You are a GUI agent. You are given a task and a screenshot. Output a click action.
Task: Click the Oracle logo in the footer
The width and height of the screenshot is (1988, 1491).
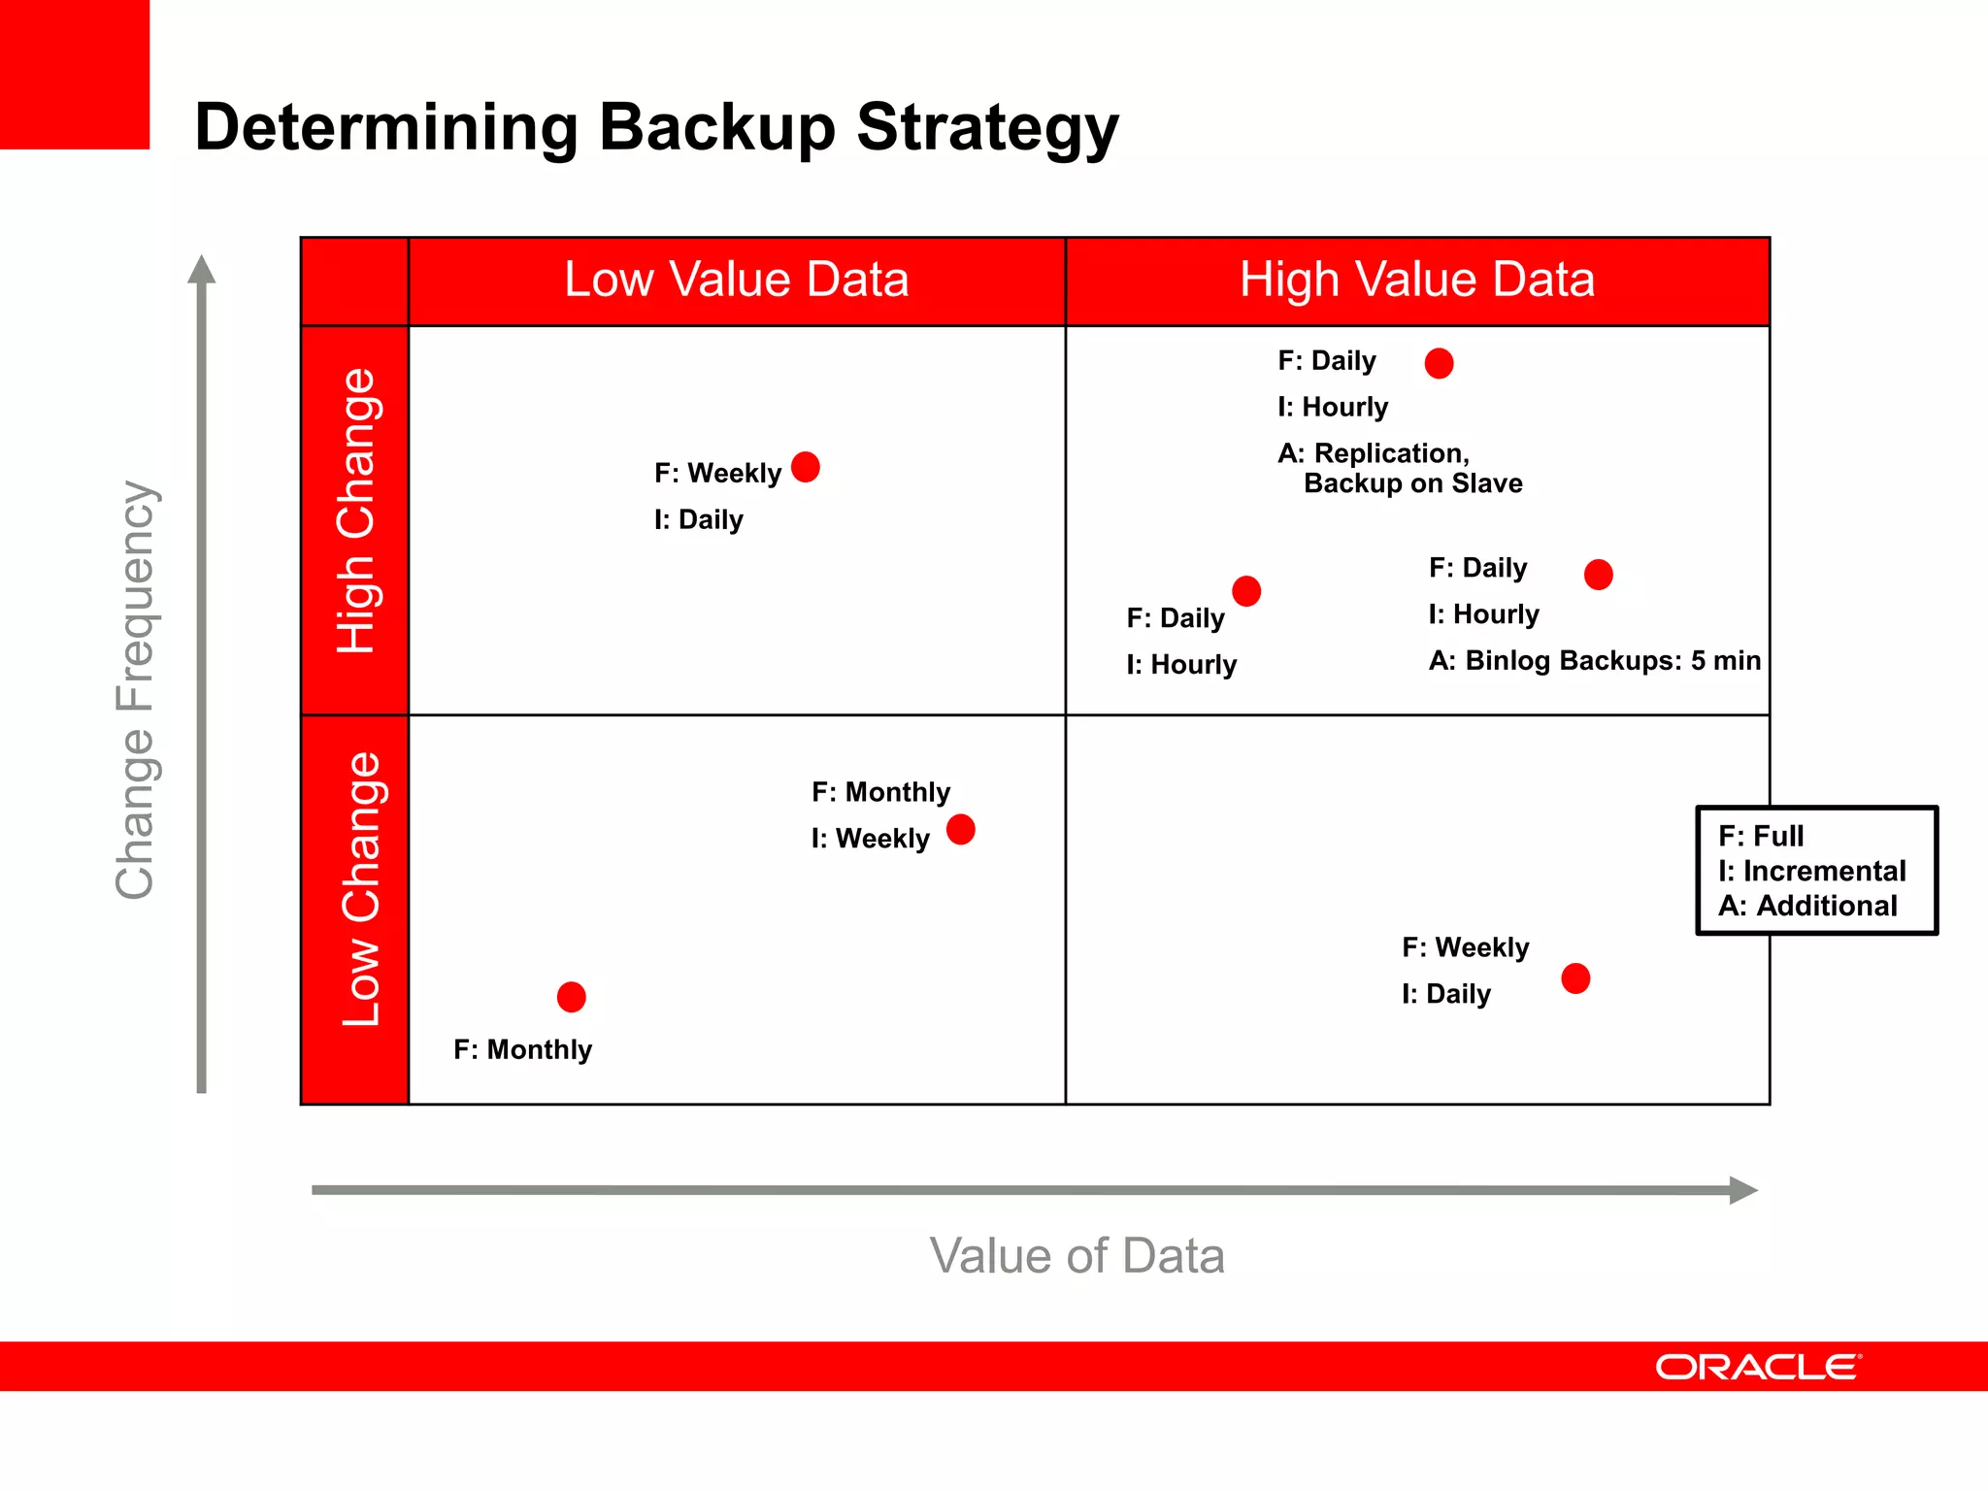pos(1757,1367)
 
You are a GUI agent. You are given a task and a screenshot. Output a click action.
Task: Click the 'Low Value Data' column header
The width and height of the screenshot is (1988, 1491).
pos(737,280)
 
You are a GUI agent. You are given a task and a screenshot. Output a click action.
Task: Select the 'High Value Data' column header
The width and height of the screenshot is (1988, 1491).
pos(1417,280)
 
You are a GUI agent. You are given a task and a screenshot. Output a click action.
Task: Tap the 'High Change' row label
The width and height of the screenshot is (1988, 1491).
pos(356,511)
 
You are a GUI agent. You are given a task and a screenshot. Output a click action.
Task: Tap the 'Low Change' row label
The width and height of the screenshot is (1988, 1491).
pos(361,889)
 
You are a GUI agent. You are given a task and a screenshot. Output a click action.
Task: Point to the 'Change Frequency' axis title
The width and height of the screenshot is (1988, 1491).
pos(135,689)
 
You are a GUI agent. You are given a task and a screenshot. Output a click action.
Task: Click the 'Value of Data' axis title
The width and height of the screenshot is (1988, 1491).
pos(1077,1255)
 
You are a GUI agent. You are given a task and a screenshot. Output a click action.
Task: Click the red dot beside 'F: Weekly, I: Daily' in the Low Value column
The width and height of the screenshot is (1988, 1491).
pos(806,467)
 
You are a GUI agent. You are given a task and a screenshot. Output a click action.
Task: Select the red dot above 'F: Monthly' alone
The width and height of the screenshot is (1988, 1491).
pos(572,997)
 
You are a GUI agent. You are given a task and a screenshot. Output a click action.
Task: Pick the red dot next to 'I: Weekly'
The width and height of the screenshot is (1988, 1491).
pos(961,830)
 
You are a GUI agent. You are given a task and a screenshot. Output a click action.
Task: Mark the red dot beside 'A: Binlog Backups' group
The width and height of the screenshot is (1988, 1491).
pos(1599,575)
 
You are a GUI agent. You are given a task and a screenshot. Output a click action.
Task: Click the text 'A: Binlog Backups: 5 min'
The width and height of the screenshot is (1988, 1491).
pos(1594,661)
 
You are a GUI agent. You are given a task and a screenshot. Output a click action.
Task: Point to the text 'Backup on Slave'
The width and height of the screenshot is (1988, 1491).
pos(1412,483)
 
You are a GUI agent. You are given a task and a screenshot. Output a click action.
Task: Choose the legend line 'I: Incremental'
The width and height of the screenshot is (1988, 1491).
pos(1811,871)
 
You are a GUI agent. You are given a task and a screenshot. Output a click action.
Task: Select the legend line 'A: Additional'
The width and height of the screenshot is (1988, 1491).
pos(1807,906)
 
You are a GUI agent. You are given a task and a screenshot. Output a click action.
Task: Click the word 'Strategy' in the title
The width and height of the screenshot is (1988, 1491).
pos(987,128)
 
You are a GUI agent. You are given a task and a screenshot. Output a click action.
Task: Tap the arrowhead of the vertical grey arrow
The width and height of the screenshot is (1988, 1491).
pos(201,270)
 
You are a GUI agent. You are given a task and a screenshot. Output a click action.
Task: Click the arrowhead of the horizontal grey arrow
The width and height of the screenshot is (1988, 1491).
pos(1742,1190)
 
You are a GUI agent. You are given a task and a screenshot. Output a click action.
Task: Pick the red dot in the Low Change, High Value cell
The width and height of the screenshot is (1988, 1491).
pos(1575,978)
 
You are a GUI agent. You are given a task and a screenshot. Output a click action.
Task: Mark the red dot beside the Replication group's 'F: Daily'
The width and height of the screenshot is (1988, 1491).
pos(1439,363)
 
